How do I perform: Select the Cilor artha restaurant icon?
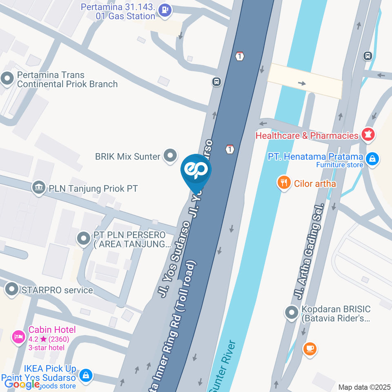tap(283, 183)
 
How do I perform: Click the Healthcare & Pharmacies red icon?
tap(368, 135)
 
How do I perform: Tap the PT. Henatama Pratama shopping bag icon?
tap(372, 159)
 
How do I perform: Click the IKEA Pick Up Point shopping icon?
tap(86, 375)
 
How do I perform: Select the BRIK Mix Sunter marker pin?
tap(170, 156)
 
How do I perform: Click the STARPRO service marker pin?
tap(11, 290)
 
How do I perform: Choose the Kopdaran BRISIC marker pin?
tap(292, 313)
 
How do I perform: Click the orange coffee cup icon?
tap(310, 348)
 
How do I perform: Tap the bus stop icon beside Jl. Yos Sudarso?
tap(216, 82)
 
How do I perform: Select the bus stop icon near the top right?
tap(367, 56)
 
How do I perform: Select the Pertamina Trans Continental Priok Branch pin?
tap(7, 79)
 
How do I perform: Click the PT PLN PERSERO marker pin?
tap(84, 238)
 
